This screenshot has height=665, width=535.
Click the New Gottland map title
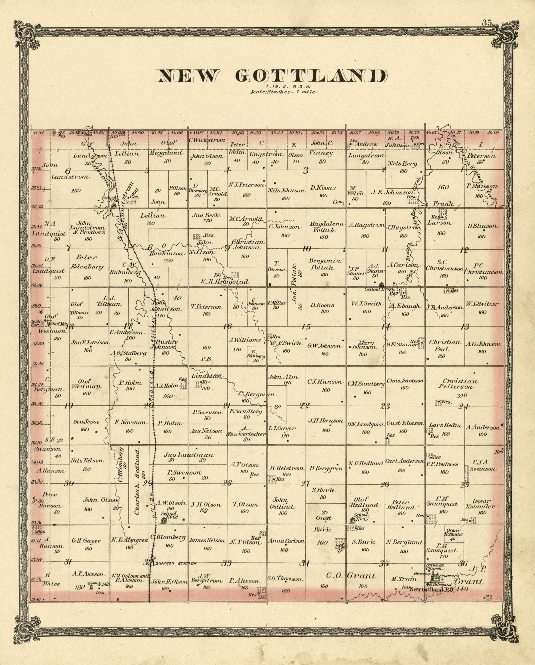click(272, 76)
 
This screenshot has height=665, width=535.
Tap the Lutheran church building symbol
click(436, 576)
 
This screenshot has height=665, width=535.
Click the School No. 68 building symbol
click(164, 521)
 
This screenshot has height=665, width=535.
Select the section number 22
click(305, 406)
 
